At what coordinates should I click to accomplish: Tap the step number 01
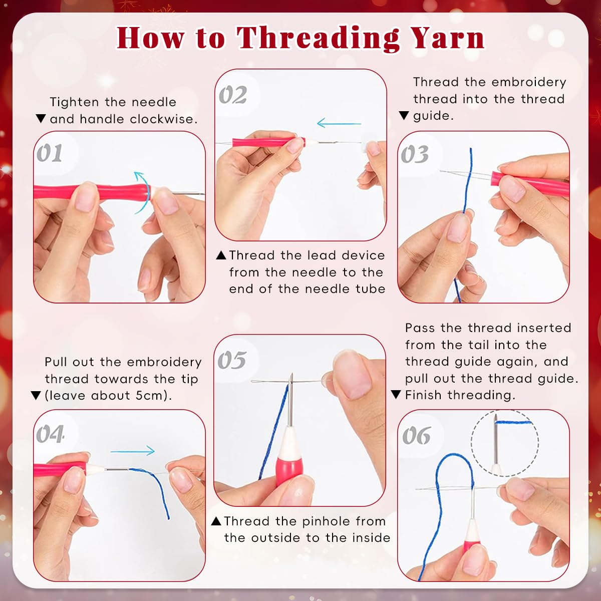tap(50, 153)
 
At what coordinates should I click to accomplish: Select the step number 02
tap(233, 95)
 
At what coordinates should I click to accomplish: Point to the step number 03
tap(415, 155)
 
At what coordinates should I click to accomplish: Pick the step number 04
tap(50, 434)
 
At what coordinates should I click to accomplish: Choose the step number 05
tap(232, 360)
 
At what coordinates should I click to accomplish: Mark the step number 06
tap(416, 436)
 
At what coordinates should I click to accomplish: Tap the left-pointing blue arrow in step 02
tap(339, 123)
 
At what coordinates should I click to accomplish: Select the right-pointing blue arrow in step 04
tap(133, 451)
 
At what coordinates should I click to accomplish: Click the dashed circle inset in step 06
tap(504, 443)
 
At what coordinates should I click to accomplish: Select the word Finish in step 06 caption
tap(424, 395)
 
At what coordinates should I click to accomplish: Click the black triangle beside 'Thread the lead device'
tap(221, 255)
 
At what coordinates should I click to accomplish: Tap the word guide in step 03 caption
tap(432, 116)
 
